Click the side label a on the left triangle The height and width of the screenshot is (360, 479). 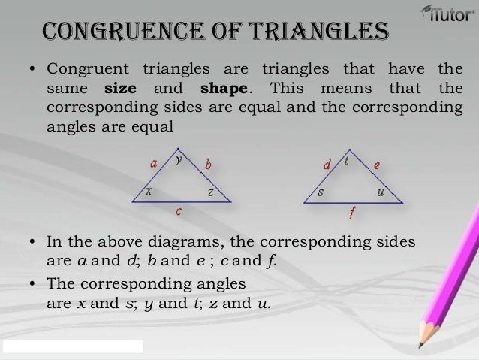pyautogui.click(x=153, y=162)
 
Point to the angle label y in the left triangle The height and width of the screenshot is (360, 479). pyautogui.click(x=178, y=159)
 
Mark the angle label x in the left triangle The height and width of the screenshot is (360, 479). pyautogui.click(x=149, y=191)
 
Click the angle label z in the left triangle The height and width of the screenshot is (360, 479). pyautogui.click(x=211, y=192)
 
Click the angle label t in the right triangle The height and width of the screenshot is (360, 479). pyautogui.click(x=346, y=160)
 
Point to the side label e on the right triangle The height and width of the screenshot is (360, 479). pyautogui.click(x=377, y=164)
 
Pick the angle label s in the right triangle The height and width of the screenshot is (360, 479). pyautogui.click(x=321, y=192)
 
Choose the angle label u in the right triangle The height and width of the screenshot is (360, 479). pyautogui.click(x=380, y=192)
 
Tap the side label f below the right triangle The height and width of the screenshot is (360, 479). pyautogui.click(x=352, y=213)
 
